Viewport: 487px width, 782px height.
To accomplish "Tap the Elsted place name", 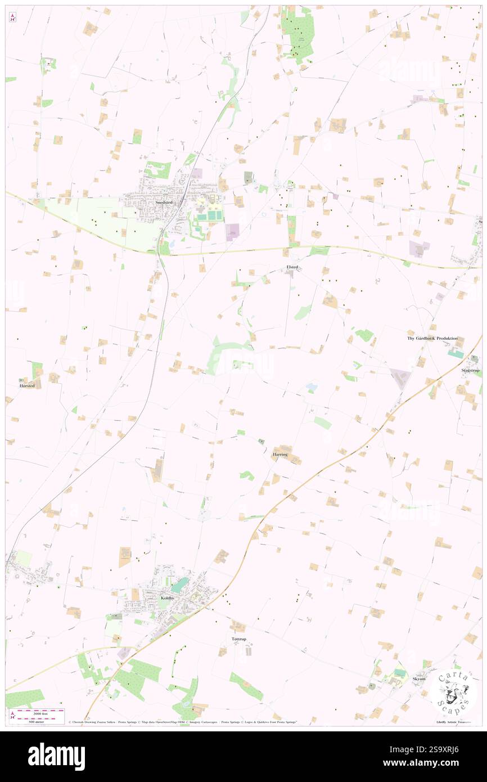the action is (x=292, y=267).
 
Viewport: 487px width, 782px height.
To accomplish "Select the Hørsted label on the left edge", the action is (x=27, y=385).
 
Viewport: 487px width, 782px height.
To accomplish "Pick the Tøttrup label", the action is (x=239, y=640).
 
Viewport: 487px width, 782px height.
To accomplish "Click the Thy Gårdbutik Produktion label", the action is (x=432, y=339).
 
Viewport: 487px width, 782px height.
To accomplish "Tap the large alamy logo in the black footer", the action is (x=56, y=757).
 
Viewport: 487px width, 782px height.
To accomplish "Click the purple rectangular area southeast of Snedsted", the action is (x=232, y=232).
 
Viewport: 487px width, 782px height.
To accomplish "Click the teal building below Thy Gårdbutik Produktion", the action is (x=456, y=354).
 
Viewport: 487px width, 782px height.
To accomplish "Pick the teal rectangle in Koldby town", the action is (x=180, y=585).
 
